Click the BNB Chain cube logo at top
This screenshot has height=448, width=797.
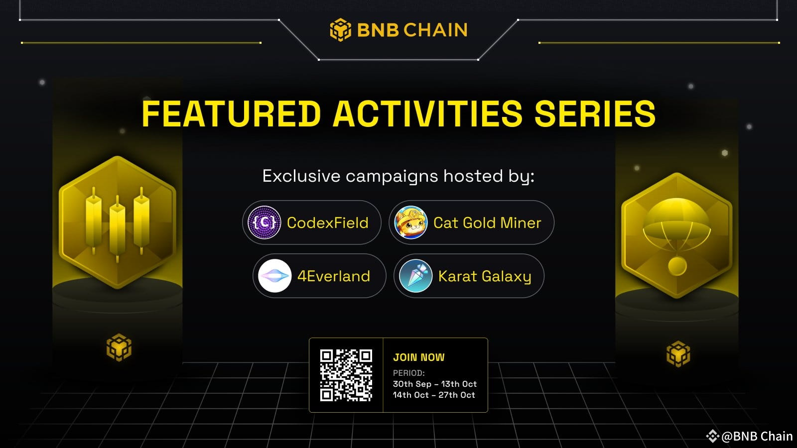tap(341, 30)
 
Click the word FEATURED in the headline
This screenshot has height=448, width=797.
tap(231, 114)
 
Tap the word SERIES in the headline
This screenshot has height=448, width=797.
tap(595, 114)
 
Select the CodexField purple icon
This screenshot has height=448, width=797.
tap(265, 223)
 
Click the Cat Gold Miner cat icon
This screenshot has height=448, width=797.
tap(411, 223)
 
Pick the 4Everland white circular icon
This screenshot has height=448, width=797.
tap(274, 276)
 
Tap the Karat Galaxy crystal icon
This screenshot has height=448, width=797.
tap(416, 276)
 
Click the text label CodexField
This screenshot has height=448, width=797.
tap(328, 223)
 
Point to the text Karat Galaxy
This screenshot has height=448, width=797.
tap(485, 276)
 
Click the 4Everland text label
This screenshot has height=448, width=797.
tap(334, 276)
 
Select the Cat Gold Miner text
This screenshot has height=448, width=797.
tap(487, 223)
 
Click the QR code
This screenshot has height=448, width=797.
tap(346, 375)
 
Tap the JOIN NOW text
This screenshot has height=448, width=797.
tap(419, 357)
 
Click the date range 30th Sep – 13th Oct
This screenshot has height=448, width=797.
tap(435, 384)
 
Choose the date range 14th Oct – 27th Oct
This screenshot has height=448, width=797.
tap(434, 395)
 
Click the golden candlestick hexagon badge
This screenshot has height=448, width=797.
tap(118, 222)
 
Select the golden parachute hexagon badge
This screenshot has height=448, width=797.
tap(677, 235)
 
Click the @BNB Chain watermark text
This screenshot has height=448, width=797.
tap(757, 436)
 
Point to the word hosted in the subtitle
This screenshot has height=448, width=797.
tap(473, 176)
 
